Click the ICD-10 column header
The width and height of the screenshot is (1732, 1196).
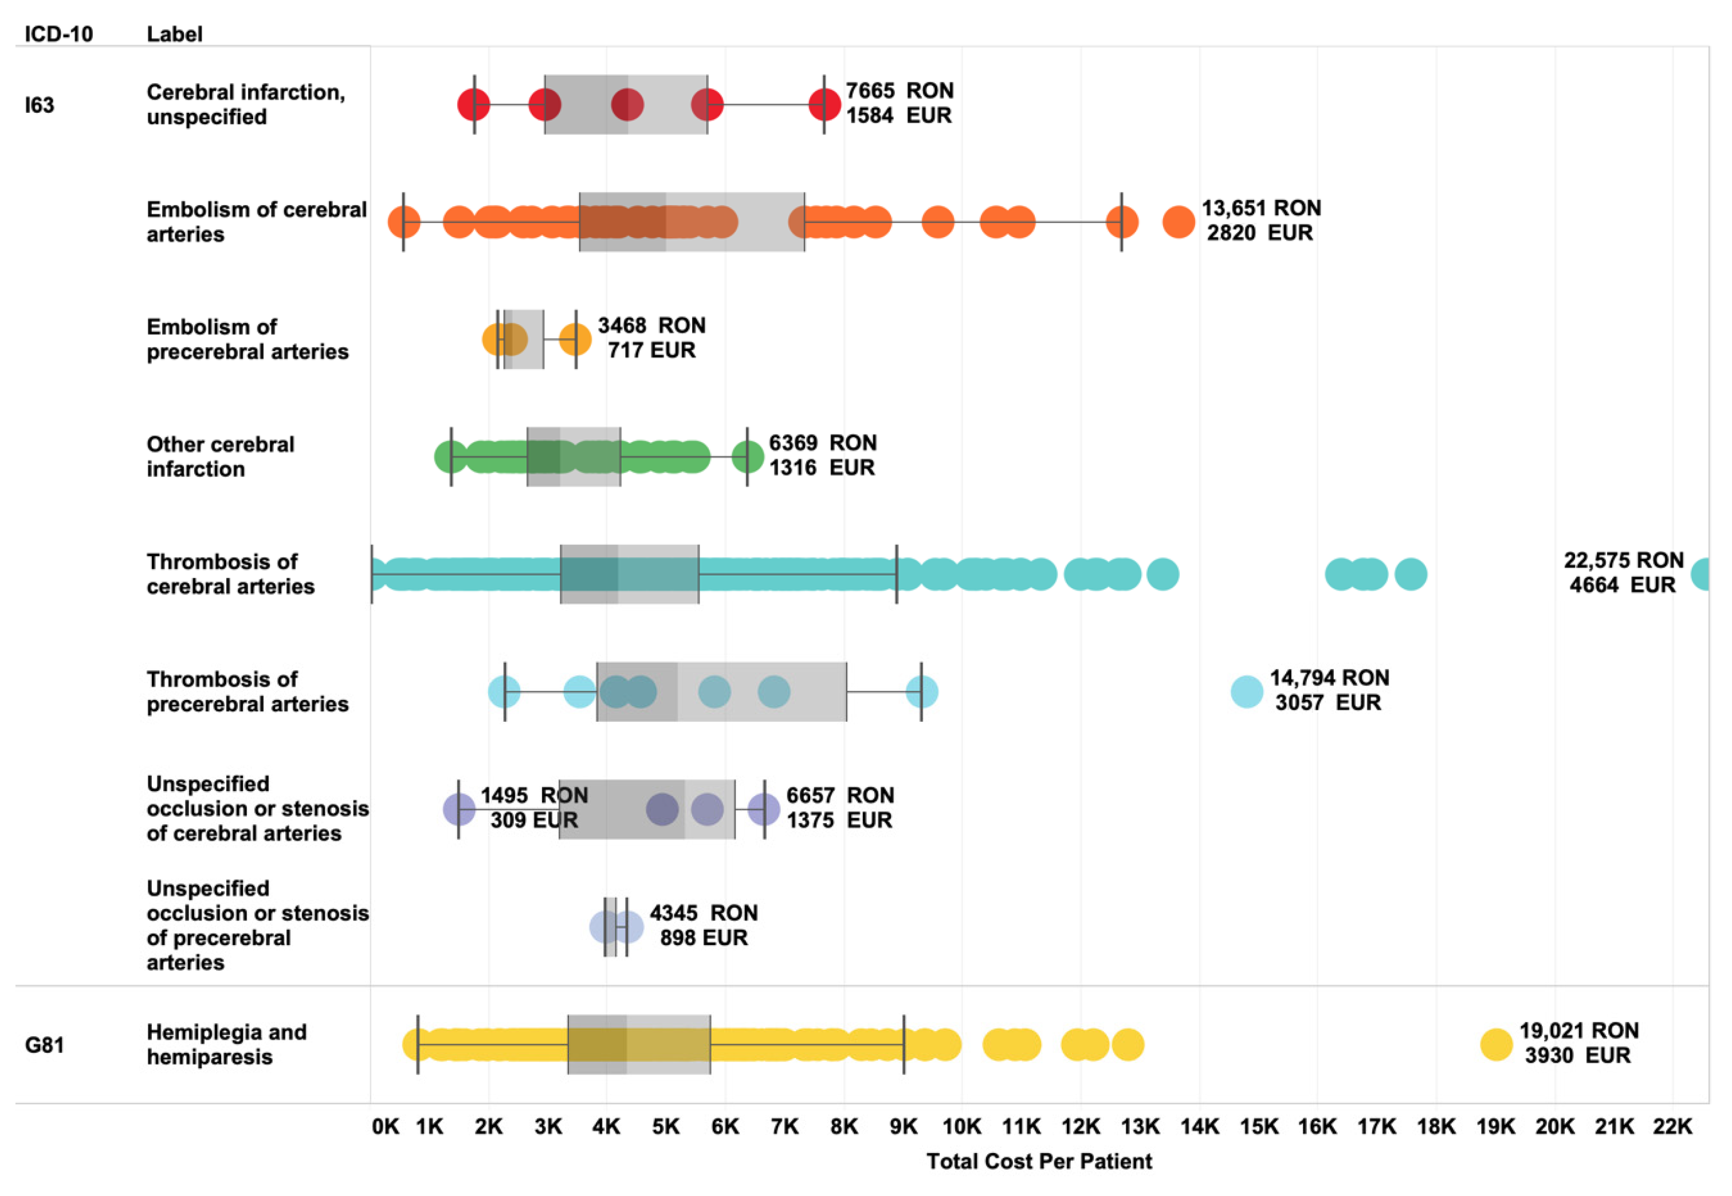pyautogui.click(x=58, y=34)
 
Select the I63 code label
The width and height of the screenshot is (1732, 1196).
pyautogui.click(x=40, y=105)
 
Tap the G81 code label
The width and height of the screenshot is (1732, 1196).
pyautogui.click(x=44, y=1045)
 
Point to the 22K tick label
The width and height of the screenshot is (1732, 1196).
pyautogui.click(x=1673, y=1126)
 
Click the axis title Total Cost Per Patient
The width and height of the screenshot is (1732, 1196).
pyautogui.click(x=1039, y=1162)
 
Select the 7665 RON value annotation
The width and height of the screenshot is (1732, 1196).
pyautogui.click(x=900, y=91)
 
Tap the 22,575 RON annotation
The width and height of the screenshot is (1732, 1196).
pyautogui.click(x=1623, y=561)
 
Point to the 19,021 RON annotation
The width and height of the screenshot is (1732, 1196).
pyautogui.click(x=1579, y=1031)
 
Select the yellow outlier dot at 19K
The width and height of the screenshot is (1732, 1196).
pyautogui.click(x=1496, y=1045)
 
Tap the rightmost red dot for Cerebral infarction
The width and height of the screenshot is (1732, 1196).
pyautogui.click(x=824, y=105)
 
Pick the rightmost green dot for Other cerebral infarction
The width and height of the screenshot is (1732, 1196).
pyautogui.click(x=747, y=457)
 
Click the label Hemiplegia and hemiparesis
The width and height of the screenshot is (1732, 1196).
pyautogui.click(x=226, y=1045)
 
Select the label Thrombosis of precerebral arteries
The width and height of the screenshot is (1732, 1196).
pyautogui.click(x=248, y=692)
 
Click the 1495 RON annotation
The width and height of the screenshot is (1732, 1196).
pyautogui.click(x=533, y=796)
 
